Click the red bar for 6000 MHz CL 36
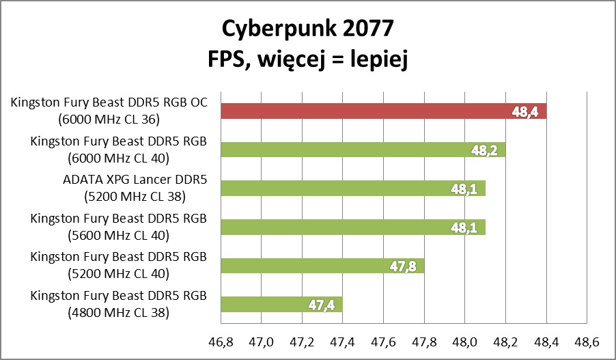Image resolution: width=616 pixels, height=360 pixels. (x=382, y=112)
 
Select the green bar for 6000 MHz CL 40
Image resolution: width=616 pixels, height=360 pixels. (x=362, y=150)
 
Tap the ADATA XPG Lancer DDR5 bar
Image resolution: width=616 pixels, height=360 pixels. (x=352, y=189)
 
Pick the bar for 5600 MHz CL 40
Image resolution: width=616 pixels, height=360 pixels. (x=352, y=227)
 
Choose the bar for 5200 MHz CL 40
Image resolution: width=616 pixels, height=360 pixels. (x=321, y=266)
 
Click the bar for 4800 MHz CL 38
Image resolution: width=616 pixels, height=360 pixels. (x=280, y=304)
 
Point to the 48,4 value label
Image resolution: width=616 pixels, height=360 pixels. (x=525, y=112)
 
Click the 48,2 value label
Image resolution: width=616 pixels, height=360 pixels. (x=484, y=150)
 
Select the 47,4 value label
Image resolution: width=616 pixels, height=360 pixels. (x=321, y=304)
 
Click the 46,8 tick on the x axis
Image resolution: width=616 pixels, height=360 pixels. (x=220, y=341)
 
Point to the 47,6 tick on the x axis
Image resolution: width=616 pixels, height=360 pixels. (x=383, y=341)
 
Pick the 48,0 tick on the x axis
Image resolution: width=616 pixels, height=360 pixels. (x=464, y=341)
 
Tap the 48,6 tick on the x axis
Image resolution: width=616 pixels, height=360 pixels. (x=587, y=341)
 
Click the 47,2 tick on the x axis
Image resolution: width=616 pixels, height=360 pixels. (x=301, y=341)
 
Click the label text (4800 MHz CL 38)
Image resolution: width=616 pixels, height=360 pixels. (x=119, y=313)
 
